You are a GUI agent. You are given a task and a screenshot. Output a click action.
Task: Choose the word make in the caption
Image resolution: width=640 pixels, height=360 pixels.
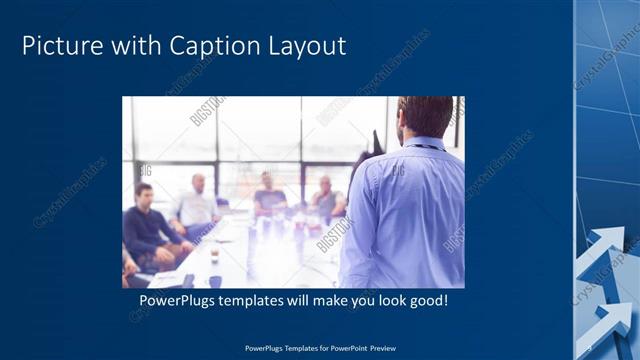(x=331, y=301)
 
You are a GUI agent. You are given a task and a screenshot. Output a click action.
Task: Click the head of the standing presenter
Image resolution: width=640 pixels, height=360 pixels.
(x=424, y=116)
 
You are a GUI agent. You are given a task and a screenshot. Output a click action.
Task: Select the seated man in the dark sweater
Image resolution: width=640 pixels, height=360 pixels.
(x=147, y=225)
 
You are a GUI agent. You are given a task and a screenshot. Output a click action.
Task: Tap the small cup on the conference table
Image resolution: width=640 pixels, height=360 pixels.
(x=214, y=255)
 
